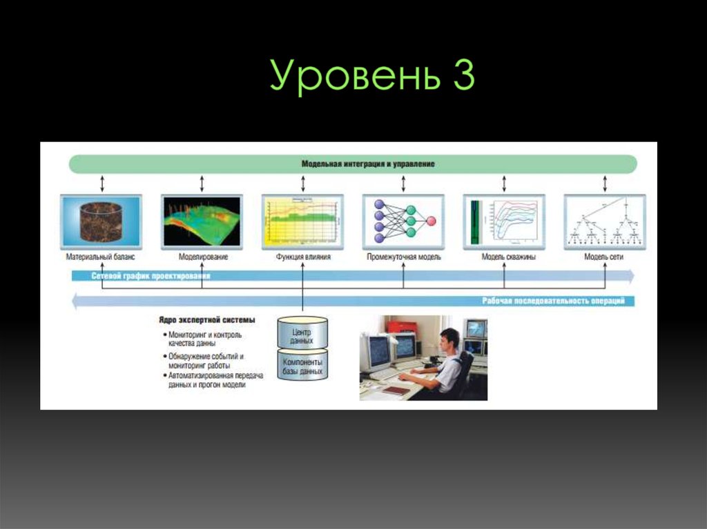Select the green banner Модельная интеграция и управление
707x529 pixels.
353,164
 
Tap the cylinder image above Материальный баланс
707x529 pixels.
101,221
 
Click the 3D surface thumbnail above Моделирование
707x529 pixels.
201,221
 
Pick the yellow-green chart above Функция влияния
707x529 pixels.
302,221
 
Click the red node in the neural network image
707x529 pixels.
431,221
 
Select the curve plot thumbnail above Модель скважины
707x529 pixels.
504,221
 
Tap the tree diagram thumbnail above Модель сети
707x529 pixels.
605,221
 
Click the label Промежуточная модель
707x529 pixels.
403,257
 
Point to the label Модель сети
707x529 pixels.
604,257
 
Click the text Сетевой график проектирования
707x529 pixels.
151,276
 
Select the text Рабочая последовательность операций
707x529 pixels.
553,301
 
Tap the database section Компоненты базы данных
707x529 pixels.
302,366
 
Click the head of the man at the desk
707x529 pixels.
449,339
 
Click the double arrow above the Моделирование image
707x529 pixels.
202,183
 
